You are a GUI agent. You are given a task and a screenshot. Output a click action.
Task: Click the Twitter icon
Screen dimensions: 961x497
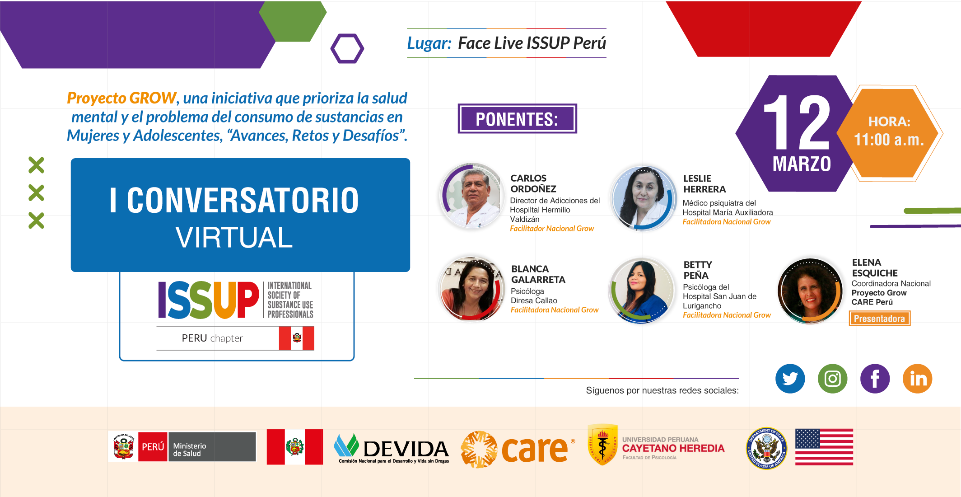coord(790,379)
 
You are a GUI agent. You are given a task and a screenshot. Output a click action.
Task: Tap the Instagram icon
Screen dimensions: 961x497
coord(832,379)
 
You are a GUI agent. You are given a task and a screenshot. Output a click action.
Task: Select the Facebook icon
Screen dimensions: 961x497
coord(875,379)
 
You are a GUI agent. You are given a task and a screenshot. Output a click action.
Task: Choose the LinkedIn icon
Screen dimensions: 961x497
coord(917,379)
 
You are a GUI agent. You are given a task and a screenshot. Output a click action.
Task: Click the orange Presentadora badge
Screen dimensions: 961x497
coord(879,319)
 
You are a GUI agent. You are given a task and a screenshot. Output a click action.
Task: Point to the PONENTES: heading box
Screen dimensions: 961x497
coord(517,119)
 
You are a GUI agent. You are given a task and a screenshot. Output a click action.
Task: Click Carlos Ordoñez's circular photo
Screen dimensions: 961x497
coord(472,196)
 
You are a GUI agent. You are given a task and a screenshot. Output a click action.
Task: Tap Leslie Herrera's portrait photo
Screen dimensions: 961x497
coord(644,198)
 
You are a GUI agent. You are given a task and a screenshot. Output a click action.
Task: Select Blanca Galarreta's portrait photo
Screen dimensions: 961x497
coord(472,288)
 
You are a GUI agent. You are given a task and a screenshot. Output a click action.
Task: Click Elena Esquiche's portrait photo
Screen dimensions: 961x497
coord(810,291)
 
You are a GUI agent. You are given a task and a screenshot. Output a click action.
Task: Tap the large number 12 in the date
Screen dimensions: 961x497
coord(797,122)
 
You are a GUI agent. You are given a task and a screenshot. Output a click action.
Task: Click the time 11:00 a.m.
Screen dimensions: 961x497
coord(889,140)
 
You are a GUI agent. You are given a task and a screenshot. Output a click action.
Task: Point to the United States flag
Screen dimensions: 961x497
coord(824,447)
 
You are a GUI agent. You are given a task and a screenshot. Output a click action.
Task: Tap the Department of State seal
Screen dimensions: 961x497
coord(766,448)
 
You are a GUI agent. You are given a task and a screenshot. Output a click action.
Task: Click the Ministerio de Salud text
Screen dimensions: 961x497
coord(190,450)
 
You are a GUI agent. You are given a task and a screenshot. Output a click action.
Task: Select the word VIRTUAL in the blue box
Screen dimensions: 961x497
coord(234,237)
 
